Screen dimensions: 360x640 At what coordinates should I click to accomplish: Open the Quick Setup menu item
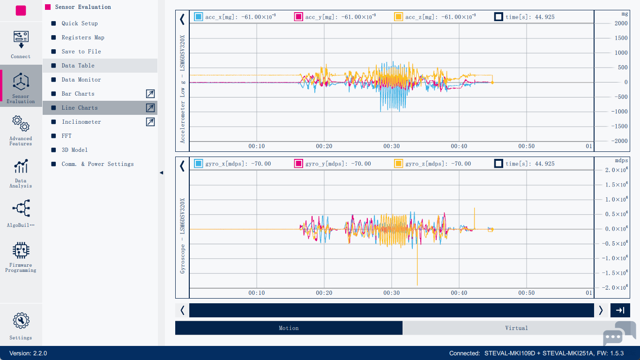80,23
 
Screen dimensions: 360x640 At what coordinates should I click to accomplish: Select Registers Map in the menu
83,37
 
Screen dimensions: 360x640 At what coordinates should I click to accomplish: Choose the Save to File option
81,52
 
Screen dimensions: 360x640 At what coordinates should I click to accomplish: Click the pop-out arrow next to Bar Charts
150,94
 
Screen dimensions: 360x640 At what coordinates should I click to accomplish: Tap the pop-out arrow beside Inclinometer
150,122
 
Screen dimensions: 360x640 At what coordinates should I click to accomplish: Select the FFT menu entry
67,136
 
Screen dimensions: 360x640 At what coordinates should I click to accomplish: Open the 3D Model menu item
74,150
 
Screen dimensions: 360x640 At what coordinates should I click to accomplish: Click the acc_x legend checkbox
198,17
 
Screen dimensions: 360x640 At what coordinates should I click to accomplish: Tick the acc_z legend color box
398,17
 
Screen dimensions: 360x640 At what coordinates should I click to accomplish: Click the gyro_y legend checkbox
298,164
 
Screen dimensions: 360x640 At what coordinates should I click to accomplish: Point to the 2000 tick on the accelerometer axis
621,23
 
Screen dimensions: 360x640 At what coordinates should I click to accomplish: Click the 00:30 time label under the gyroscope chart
391,293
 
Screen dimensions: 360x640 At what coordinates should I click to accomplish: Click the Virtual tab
516,328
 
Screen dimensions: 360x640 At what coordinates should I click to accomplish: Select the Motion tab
289,328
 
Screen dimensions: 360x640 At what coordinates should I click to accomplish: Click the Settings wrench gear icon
21,321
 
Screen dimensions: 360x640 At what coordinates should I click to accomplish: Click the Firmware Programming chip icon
21,250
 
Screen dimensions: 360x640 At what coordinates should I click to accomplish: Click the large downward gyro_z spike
417,277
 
